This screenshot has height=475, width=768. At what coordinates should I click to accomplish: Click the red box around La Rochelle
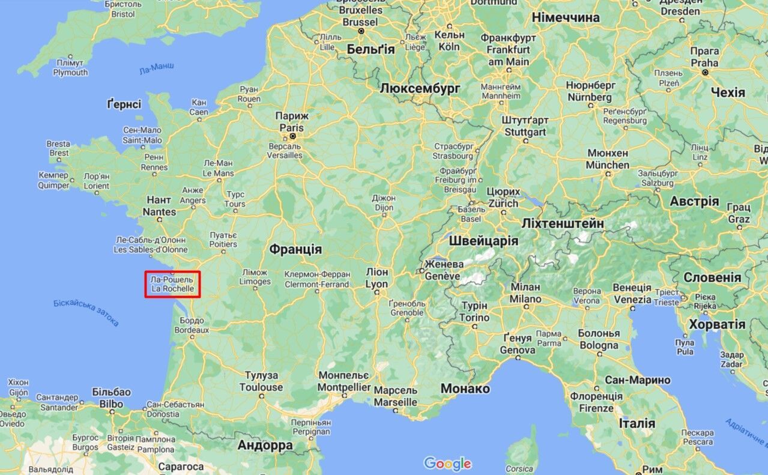pyautogui.click(x=172, y=284)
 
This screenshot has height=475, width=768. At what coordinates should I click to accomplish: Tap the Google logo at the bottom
pyautogui.click(x=447, y=464)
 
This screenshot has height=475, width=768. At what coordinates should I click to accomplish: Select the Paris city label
pyautogui.click(x=291, y=122)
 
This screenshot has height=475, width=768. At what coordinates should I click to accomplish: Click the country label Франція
pyautogui.click(x=295, y=249)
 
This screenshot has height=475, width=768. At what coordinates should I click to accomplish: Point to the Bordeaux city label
pyautogui.click(x=192, y=325)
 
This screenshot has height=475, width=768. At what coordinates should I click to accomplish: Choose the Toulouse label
pyautogui.click(x=261, y=381)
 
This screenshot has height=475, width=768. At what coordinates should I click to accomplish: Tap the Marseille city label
pyautogui.click(x=395, y=396)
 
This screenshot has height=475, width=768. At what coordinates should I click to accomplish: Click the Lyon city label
pyautogui.click(x=376, y=278)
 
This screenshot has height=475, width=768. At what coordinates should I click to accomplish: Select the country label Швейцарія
pyautogui.click(x=483, y=241)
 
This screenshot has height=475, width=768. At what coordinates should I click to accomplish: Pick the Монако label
pyautogui.click(x=465, y=389)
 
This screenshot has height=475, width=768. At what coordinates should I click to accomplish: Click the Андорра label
pyautogui.click(x=265, y=446)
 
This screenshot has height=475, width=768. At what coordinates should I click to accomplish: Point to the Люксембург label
pyautogui.click(x=420, y=88)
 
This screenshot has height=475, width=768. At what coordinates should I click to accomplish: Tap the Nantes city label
pyautogui.click(x=159, y=206)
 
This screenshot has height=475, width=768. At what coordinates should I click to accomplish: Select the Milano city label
pyautogui.click(x=525, y=293)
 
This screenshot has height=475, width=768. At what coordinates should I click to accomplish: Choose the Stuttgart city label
pyautogui.click(x=525, y=126)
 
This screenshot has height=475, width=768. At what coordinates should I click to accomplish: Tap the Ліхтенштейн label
pyautogui.click(x=562, y=223)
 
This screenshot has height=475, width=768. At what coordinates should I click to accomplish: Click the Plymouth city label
pyautogui.click(x=70, y=68)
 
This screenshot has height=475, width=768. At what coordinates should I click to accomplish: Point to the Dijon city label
pyautogui.click(x=383, y=203)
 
